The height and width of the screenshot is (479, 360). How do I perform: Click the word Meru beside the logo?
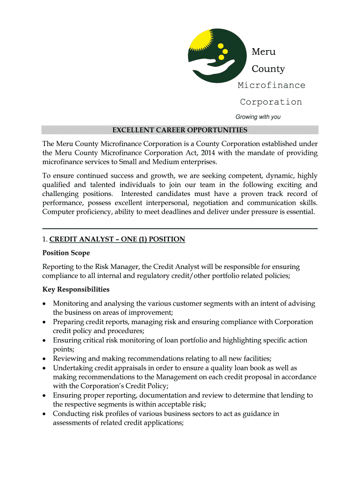click(264, 51)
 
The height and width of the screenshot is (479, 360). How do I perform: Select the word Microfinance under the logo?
click(271, 85)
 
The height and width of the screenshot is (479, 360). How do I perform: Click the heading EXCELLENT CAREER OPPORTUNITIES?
click(180, 130)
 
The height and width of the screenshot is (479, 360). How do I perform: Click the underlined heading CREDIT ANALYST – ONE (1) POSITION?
click(117, 239)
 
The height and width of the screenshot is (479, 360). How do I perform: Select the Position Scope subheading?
click(66, 253)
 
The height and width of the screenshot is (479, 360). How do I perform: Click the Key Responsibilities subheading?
click(76, 290)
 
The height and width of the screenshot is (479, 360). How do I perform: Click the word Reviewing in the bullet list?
click(70, 359)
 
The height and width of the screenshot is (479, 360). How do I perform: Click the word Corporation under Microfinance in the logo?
click(271, 102)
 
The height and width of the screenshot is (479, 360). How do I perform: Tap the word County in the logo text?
click(268, 69)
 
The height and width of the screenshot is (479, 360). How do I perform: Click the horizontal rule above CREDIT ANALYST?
click(180, 228)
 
